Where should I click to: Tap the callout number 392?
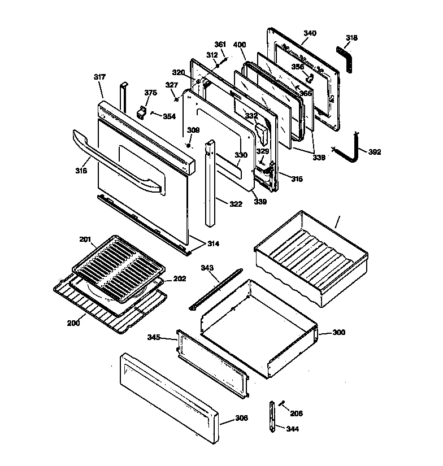pyautogui.click(x=375, y=152)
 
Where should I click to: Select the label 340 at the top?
pyautogui.click(x=310, y=33)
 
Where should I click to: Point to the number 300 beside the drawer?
pyautogui.click(x=338, y=333)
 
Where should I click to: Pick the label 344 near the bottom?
pyautogui.click(x=292, y=429)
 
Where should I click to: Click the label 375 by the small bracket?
pyautogui.click(x=150, y=93)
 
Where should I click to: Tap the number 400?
pyautogui.click(x=240, y=44)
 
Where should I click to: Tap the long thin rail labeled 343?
pyautogui.click(x=216, y=289)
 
